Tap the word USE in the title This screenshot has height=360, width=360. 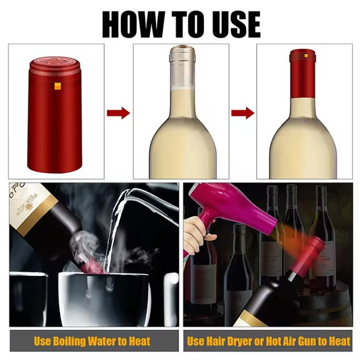pyautogui.click(x=233, y=25)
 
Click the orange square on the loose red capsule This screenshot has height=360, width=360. pyautogui.click(x=57, y=86)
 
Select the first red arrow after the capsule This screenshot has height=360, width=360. pyautogui.click(x=118, y=113)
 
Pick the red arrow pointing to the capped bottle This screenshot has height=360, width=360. pyautogui.click(x=243, y=113)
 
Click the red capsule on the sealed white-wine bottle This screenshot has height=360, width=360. pyautogui.click(x=303, y=74)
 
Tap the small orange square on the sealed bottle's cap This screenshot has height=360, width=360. pyautogui.click(x=306, y=56)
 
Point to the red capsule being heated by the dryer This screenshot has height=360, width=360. pyautogui.click(x=306, y=255)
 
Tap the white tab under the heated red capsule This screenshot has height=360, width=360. pyautogui.click(x=292, y=277)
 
